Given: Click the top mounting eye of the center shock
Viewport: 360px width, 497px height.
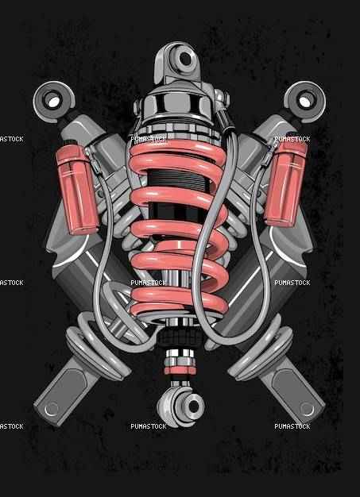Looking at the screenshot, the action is pyautogui.click(x=185, y=59).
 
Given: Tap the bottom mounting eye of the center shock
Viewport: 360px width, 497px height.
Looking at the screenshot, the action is pyautogui.click(x=192, y=406).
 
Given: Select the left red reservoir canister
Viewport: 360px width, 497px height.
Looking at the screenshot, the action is pyautogui.click(x=77, y=189).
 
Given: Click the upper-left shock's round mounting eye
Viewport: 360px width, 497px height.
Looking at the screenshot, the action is pyautogui.click(x=52, y=102).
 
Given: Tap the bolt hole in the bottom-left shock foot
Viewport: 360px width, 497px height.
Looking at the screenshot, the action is pyautogui.click(x=52, y=409).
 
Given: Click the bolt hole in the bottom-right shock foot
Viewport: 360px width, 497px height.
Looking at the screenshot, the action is pyautogui.click(x=307, y=409).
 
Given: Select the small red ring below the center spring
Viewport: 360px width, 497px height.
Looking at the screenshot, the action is pyautogui.click(x=180, y=370).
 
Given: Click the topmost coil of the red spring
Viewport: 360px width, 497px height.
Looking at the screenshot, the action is pyautogui.click(x=177, y=148).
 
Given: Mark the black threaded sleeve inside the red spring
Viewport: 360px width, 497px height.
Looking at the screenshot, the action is pyautogui.click(x=178, y=180).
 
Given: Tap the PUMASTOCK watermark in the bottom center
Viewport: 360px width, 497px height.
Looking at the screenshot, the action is pyautogui.click(x=149, y=426).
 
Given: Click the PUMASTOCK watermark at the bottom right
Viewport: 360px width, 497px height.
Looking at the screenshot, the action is pyautogui.click(x=292, y=426).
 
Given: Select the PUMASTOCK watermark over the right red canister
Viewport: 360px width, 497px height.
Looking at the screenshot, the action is pyautogui.click(x=292, y=139).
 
